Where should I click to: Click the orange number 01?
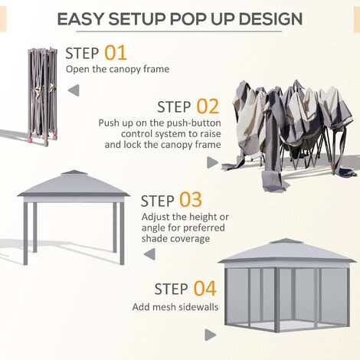116,53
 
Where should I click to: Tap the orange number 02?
207,106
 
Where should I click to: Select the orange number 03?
190,200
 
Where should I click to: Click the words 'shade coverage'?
175,238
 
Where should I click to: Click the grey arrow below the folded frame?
74,90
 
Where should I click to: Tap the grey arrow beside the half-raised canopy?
212,162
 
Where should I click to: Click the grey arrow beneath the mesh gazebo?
210,335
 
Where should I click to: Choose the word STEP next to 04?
171,290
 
